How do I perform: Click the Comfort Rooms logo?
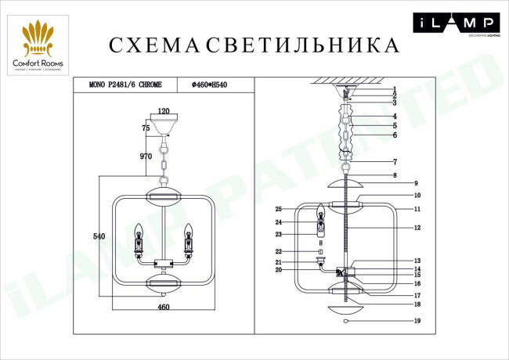[x=38, y=47]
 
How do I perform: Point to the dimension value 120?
[x=164, y=111]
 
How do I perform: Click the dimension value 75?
[x=146, y=127]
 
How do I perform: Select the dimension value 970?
[x=145, y=157]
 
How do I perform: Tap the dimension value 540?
[x=99, y=235]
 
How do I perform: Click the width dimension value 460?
[x=164, y=307]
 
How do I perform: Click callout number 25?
[x=278, y=209]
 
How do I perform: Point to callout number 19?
[x=417, y=322]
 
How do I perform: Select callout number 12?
[x=417, y=228]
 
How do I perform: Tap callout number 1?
[x=395, y=89]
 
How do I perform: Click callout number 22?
[x=278, y=251]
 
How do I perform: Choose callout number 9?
[x=417, y=182]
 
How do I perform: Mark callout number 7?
[x=395, y=162]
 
